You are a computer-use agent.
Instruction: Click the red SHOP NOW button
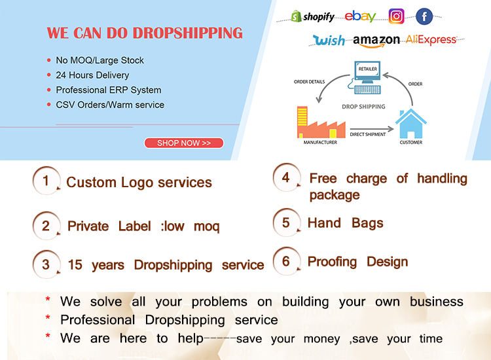coord(184,143)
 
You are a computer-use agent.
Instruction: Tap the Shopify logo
coord(312,16)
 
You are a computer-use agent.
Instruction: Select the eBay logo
coord(360,16)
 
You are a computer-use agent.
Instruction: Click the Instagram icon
coord(396,16)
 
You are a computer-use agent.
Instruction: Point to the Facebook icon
coord(424,16)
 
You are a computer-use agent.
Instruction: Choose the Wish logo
coord(329,40)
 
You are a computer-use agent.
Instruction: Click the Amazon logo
coord(376,41)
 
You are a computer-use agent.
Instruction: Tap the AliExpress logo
coord(431,40)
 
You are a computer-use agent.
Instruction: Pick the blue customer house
coord(411,124)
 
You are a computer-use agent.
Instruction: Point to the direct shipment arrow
coord(372,129)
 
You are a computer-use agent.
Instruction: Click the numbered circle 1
coord(46,181)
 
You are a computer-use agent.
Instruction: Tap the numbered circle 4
coord(286,177)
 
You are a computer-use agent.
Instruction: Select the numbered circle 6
coord(286,261)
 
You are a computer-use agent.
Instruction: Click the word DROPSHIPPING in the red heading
coord(188,33)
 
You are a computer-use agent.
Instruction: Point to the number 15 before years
coord(75,265)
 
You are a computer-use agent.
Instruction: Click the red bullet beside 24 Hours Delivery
coord(49,75)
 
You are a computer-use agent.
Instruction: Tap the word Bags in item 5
coord(367,223)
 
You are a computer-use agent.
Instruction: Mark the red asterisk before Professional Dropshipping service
coord(48,317)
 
